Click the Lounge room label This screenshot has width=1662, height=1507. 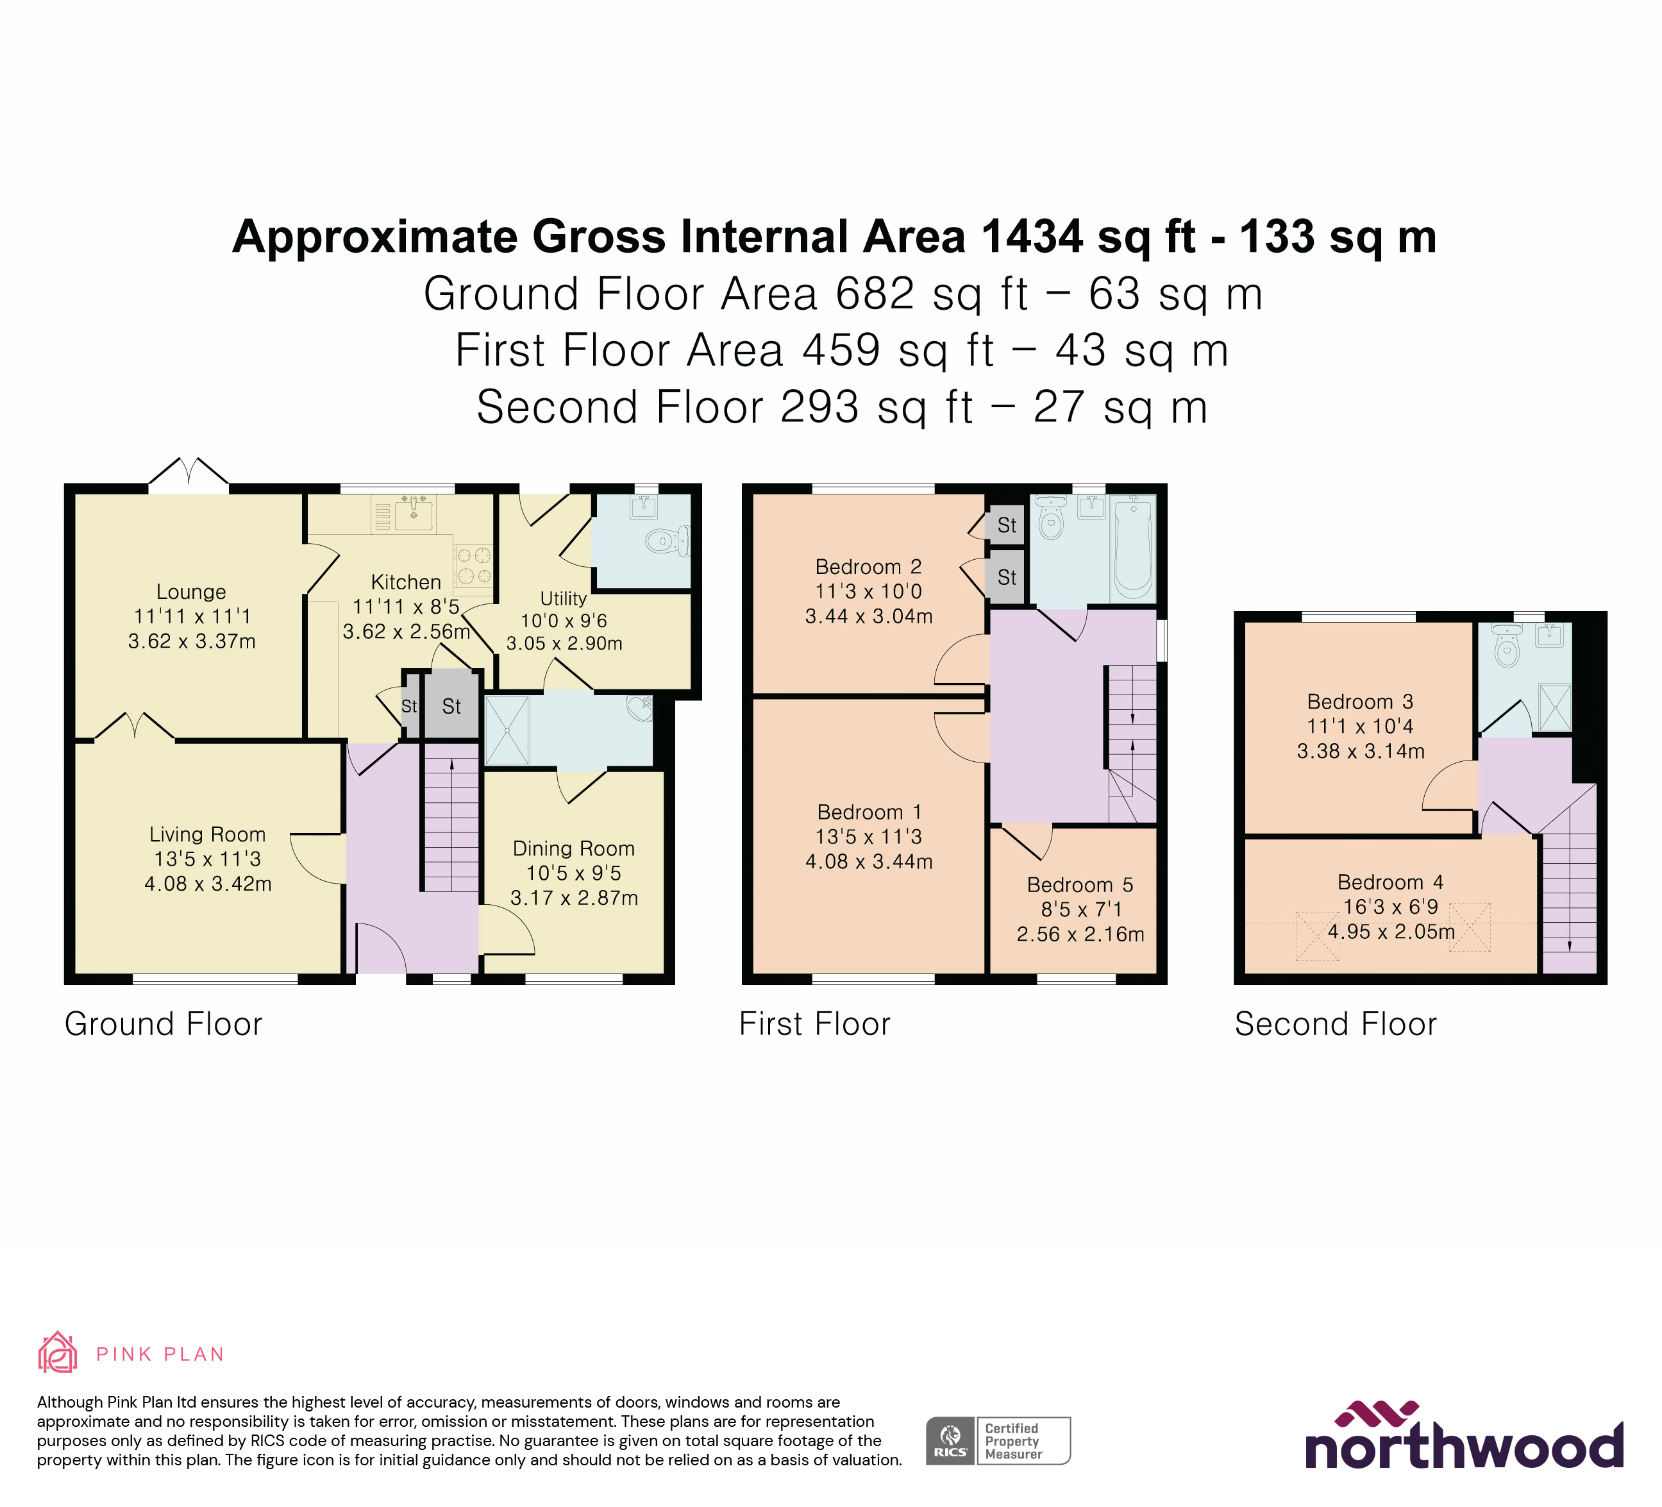191,592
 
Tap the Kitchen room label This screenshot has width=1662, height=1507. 406,582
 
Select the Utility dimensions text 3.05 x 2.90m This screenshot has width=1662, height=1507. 564,643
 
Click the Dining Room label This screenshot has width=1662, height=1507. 574,848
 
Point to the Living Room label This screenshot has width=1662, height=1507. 208,834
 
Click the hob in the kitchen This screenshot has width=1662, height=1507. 474,566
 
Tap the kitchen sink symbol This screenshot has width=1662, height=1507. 413,514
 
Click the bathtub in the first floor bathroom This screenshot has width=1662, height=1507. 1133,548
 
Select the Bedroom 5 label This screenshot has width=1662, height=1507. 1080,884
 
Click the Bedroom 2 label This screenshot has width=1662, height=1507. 868,566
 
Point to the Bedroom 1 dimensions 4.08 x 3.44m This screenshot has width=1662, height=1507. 869,861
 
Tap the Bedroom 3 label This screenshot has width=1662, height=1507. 1360,702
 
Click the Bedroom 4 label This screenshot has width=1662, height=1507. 1390,882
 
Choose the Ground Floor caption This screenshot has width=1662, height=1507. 164,1024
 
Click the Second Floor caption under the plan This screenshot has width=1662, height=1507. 1336,1024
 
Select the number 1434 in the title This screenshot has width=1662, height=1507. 1032,237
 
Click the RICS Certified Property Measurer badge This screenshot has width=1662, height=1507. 998,1441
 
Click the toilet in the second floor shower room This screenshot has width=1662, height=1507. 1507,648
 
